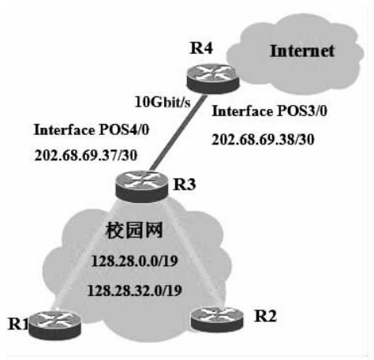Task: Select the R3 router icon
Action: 141,186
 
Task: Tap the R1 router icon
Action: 54,324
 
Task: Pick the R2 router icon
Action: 217,319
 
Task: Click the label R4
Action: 201,48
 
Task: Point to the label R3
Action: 185,184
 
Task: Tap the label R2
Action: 265,316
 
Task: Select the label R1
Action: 18,324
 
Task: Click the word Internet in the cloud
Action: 302,51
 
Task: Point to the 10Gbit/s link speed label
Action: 163,102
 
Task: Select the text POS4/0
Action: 124,129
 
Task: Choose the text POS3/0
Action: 302,111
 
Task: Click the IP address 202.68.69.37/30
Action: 86,156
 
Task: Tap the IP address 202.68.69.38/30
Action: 263,140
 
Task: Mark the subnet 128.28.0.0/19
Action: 135,261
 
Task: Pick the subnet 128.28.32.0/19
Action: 135,291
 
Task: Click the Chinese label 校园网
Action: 134,231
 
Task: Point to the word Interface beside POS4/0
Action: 65,129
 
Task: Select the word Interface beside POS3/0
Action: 243,111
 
